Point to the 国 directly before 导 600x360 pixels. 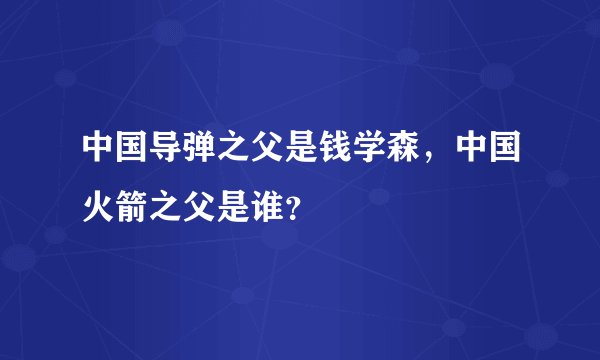tap(127, 148)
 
